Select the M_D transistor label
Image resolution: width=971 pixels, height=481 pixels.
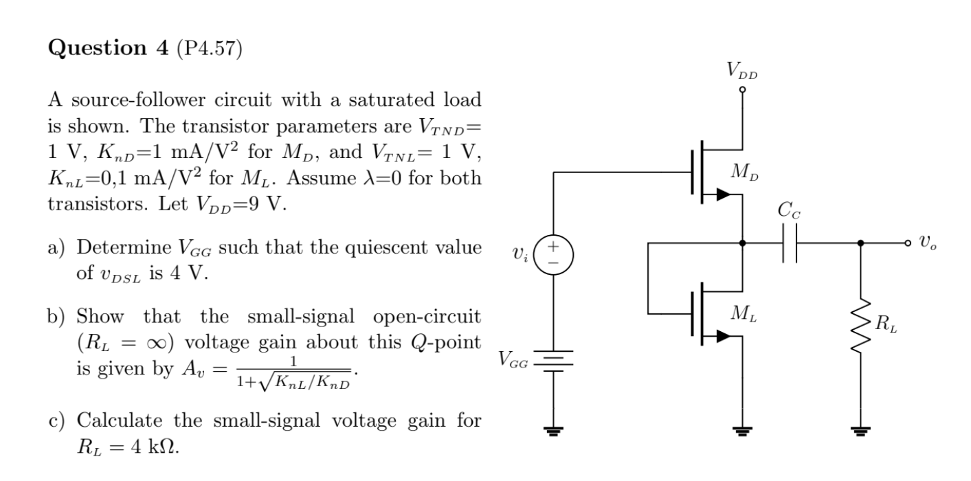point(766,172)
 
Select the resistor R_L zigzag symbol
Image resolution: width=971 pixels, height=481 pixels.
point(861,327)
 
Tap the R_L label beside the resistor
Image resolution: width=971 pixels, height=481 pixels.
point(886,325)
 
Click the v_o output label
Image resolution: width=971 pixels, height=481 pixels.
point(928,243)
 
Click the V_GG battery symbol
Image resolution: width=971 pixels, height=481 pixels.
point(554,361)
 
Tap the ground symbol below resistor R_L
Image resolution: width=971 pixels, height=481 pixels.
point(861,432)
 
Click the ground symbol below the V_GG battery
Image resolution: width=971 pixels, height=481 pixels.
point(554,432)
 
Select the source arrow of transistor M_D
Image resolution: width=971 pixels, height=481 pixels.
point(721,194)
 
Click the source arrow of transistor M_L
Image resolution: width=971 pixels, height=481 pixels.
point(721,336)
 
